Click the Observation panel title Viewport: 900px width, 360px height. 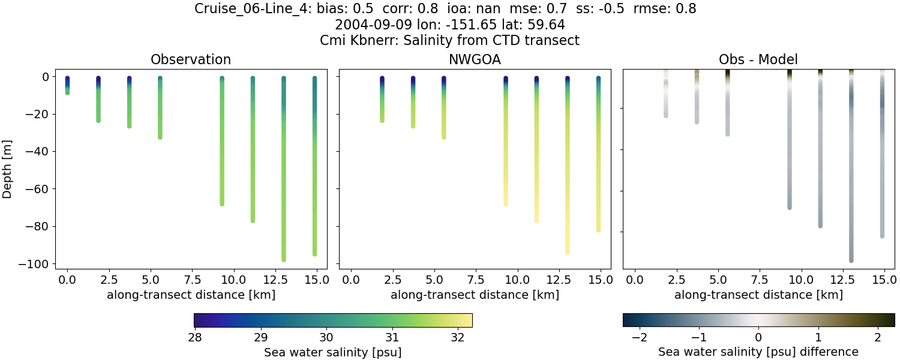[x=191, y=59]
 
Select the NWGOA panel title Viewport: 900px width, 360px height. [x=475, y=59]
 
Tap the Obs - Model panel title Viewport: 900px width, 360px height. [x=758, y=59]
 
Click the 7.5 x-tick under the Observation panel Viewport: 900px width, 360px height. [x=192, y=280]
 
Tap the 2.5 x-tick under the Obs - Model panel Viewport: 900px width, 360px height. [x=676, y=280]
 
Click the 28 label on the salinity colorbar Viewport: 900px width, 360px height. [x=194, y=337]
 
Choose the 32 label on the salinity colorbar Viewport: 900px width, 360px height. [x=457, y=337]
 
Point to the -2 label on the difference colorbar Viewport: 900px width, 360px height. [x=638, y=337]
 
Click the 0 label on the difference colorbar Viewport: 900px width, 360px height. [x=758, y=337]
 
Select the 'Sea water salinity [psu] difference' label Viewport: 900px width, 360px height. [x=758, y=352]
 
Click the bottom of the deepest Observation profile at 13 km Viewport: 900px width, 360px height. [x=284, y=259]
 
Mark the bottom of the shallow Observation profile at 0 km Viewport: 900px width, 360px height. [x=68, y=92]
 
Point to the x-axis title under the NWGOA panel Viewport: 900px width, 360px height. [x=475, y=295]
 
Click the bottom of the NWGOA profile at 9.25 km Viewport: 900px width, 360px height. [x=506, y=203]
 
